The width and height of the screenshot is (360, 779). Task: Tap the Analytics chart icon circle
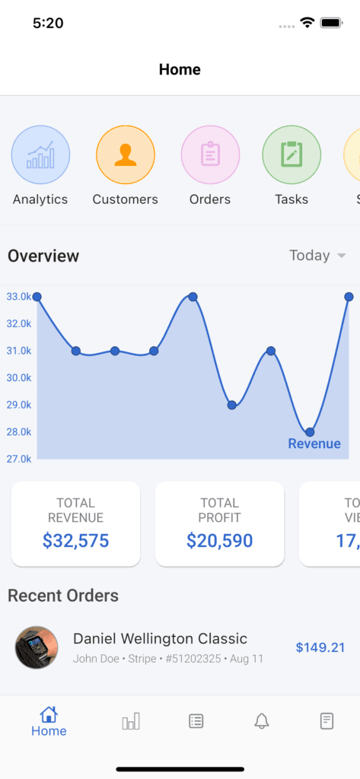tap(41, 155)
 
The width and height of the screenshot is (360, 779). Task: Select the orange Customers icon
tap(126, 155)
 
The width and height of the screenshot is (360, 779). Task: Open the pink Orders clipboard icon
tap(210, 155)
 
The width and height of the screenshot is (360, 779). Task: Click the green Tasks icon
tap(292, 155)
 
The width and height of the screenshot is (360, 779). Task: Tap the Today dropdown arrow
tap(341, 256)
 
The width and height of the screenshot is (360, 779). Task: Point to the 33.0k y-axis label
tap(19, 297)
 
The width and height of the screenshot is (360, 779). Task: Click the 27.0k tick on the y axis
tap(19, 459)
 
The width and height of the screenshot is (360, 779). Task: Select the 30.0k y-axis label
tap(19, 378)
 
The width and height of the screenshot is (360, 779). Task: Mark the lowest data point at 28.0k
tap(310, 432)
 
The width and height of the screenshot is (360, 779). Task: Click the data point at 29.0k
tap(231, 405)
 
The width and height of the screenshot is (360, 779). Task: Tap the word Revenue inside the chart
tap(315, 444)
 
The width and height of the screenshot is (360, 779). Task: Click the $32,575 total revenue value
tap(75, 541)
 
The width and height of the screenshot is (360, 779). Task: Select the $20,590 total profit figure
tap(220, 541)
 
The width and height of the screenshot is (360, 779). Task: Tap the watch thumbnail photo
tap(37, 647)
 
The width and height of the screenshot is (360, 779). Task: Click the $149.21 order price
tap(320, 647)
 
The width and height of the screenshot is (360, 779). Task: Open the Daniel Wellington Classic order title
tap(160, 638)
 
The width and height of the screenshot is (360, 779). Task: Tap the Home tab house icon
tap(49, 714)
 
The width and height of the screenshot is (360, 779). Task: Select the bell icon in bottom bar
tap(262, 721)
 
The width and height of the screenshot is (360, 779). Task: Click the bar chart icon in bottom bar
tap(131, 721)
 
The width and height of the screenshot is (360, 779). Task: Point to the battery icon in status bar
tap(330, 23)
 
